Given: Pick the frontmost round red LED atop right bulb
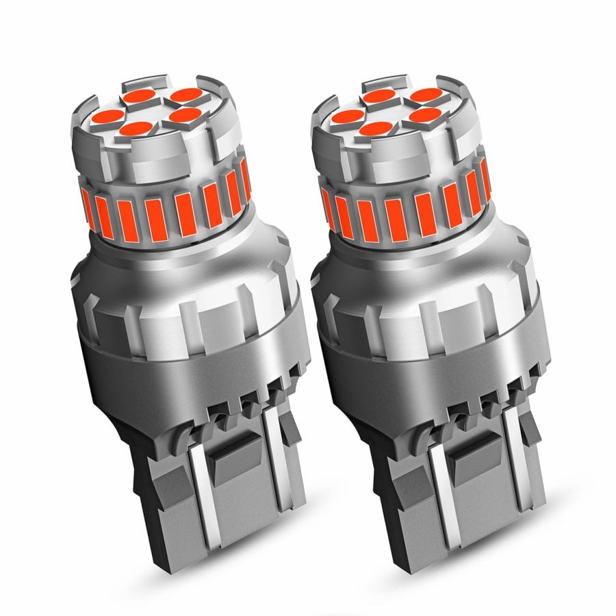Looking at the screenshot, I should pos(371,127).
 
